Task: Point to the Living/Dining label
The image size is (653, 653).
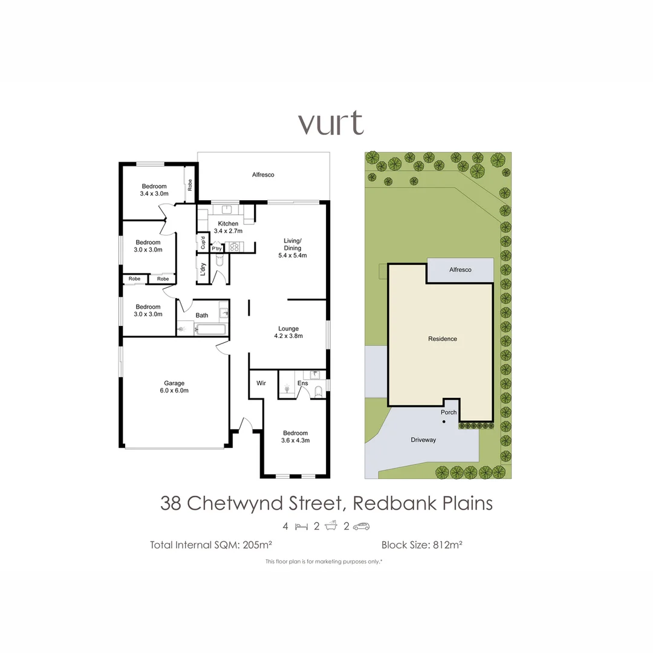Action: [292, 248]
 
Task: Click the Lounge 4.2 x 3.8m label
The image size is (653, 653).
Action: [288, 332]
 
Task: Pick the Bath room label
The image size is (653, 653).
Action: [202, 315]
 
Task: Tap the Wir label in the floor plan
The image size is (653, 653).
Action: [261, 383]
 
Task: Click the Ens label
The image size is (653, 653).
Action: [303, 383]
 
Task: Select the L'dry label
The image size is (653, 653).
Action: [203, 270]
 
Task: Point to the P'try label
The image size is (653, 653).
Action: [216, 249]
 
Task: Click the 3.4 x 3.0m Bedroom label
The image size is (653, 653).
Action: [154, 190]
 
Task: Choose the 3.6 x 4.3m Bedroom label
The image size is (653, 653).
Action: [295, 437]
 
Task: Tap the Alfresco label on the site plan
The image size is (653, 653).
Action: [460, 270]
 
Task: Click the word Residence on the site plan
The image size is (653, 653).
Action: [443, 339]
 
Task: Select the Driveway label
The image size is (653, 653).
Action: [423, 440]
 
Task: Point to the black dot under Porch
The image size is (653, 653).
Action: [444, 421]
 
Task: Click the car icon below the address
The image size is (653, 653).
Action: [361, 526]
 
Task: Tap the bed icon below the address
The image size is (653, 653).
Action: [301, 526]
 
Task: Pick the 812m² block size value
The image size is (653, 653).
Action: [447, 545]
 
